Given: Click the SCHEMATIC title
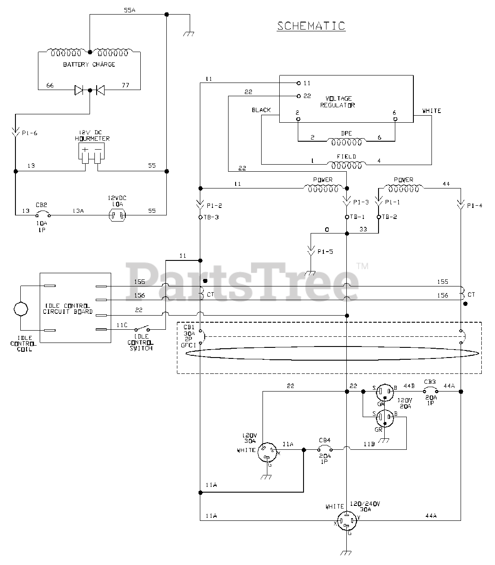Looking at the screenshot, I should pyautogui.click(x=311, y=26).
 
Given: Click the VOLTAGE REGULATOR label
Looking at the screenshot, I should pyautogui.click(x=339, y=102).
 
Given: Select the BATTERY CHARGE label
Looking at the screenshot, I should pyautogui.click(x=89, y=64).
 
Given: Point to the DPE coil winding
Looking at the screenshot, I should pyautogui.click(x=346, y=142).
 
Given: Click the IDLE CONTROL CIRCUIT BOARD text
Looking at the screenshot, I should pyautogui.click(x=68, y=309).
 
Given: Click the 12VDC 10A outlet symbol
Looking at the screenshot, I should pyautogui.click(x=117, y=215).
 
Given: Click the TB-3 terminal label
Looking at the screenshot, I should pyautogui.click(x=211, y=217).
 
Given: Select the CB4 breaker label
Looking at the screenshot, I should pyautogui.click(x=325, y=440).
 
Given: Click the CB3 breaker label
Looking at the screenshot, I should pyautogui.click(x=430, y=381).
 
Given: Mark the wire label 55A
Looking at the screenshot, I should pyautogui.click(x=129, y=10).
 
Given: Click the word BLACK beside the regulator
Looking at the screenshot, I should pyautogui.click(x=261, y=110).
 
